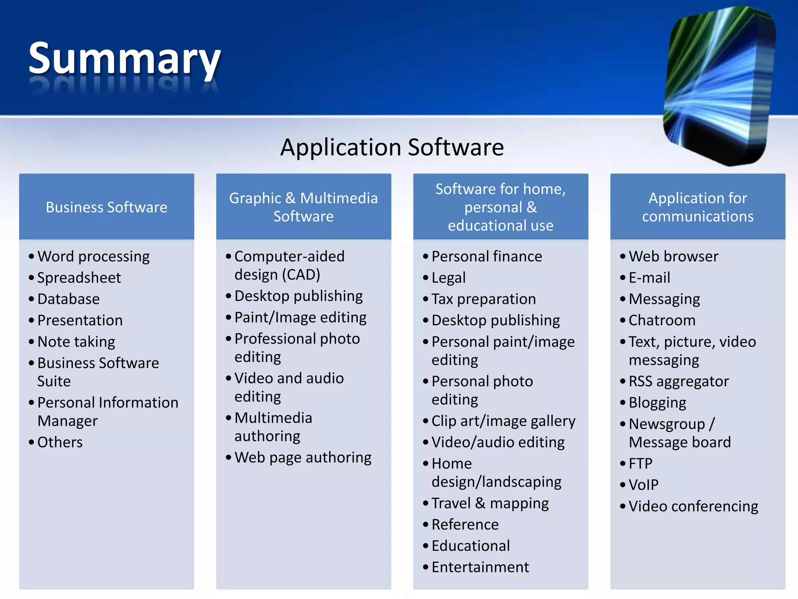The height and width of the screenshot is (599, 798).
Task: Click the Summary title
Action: [125, 58]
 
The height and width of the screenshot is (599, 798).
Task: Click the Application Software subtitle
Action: [392, 147]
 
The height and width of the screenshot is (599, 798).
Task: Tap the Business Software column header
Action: [106, 207]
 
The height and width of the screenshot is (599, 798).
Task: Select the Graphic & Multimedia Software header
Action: [303, 207]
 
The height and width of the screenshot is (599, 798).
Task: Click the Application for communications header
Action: [697, 207]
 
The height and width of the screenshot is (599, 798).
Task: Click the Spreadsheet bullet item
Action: [79, 278]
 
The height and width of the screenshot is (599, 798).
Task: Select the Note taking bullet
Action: [76, 342]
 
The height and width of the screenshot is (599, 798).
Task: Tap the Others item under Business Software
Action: [60, 442]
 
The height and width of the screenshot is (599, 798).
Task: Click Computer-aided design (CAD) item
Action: [289, 266]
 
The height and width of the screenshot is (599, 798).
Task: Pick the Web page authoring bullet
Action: [303, 457]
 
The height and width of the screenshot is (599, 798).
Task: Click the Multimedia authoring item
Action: [273, 427]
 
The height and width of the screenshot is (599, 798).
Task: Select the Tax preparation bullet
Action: [484, 299]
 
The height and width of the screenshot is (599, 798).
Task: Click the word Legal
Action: [448, 278]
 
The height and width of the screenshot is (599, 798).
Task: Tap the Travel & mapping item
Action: [490, 503]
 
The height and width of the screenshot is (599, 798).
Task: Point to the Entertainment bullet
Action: [480, 567]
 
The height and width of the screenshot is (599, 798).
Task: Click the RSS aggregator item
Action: [678, 381]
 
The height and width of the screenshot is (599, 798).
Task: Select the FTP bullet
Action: [640, 464]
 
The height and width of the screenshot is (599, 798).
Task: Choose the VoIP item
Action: [643, 485]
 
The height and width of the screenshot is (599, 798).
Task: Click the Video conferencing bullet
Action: [693, 506]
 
